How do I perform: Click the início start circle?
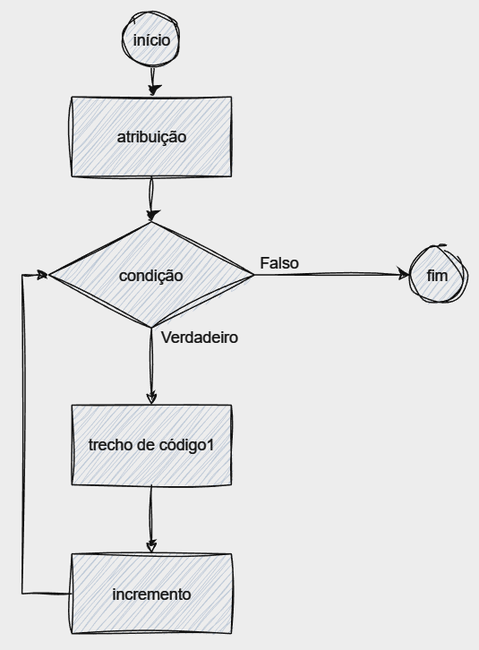pos(151,39)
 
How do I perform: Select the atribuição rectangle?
pos(151,137)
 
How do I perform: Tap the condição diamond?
pos(151,275)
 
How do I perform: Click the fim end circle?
pos(439,274)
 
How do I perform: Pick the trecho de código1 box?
pos(151,445)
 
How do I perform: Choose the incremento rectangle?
pos(151,594)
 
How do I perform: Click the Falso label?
pos(279,263)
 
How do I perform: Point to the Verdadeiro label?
pos(200,338)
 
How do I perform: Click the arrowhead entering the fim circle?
pos(404,274)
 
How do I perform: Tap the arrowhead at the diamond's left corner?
pos(43,275)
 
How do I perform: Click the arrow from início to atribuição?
pos(152,81)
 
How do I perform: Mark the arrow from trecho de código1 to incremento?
pos(151,519)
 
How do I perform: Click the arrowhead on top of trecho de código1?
pos(152,398)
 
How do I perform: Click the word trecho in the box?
pos(107,445)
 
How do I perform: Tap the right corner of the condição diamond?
pos(253,275)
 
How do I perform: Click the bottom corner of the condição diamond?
pos(151,328)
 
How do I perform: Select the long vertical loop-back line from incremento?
pos(23,433)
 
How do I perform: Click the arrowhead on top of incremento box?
pos(152,546)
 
